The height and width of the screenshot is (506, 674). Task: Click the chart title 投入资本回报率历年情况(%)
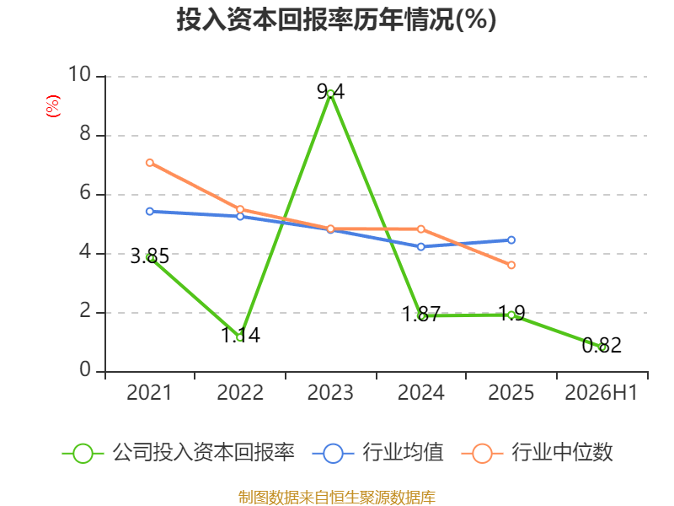point(336,19)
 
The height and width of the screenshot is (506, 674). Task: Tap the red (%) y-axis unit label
point(53,106)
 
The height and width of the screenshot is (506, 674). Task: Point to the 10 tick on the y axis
point(80,74)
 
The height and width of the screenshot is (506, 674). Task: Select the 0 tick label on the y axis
point(85,369)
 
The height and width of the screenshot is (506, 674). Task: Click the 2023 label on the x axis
point(330,392)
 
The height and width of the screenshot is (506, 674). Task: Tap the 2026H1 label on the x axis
point(602,392)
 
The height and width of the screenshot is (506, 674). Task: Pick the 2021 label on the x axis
point(149,392)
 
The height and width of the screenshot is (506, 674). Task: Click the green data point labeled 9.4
point(330,94)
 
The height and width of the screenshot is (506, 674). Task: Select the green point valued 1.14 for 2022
point(240,337)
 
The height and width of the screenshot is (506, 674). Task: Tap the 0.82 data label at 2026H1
point(602,345)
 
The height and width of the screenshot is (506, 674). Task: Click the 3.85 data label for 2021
point(150,256)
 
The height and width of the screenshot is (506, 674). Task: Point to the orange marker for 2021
point(150,163)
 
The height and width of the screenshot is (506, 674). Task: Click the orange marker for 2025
point(511,265)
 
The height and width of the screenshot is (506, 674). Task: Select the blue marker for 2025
point(511,240)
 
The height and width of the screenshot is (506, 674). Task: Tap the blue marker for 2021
point(150,212)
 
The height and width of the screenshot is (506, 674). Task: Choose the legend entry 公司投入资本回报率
point(179,453)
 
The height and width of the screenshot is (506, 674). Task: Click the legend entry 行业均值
point(377,453)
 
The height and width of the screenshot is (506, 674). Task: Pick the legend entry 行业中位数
point(537,453)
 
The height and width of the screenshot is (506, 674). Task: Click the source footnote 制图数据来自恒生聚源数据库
point(337,498)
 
